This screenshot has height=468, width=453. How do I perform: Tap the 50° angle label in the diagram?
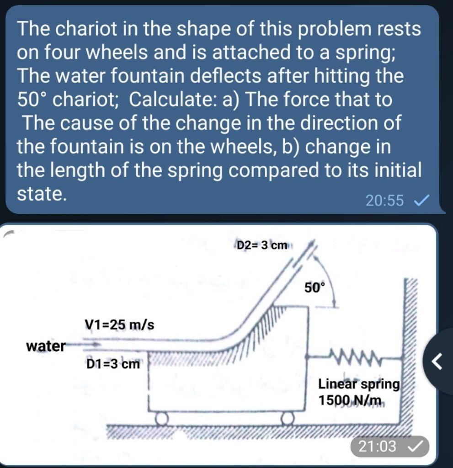coord(314,288)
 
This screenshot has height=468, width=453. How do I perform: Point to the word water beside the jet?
coord(46,346)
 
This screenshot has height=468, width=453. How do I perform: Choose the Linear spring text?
coord(358,384)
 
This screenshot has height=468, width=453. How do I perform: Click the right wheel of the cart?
coord(287,418)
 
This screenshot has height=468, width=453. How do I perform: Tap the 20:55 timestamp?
coord(384,200)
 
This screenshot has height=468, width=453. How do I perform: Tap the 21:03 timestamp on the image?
coord(377,446)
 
